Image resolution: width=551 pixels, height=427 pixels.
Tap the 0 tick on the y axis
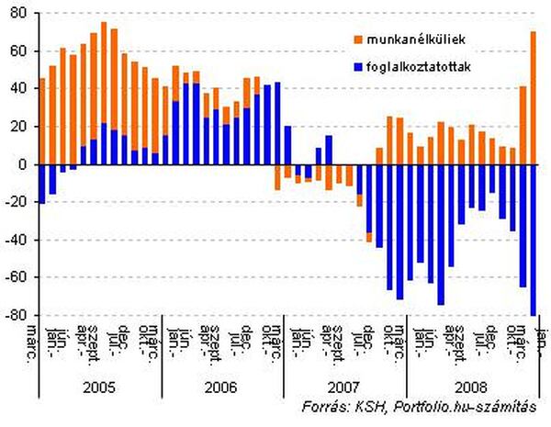[24, 164]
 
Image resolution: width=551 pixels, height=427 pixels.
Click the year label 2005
[99, 387]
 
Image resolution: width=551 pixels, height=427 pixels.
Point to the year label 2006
[221, 387]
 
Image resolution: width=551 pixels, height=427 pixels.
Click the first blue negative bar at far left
[42, 184]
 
